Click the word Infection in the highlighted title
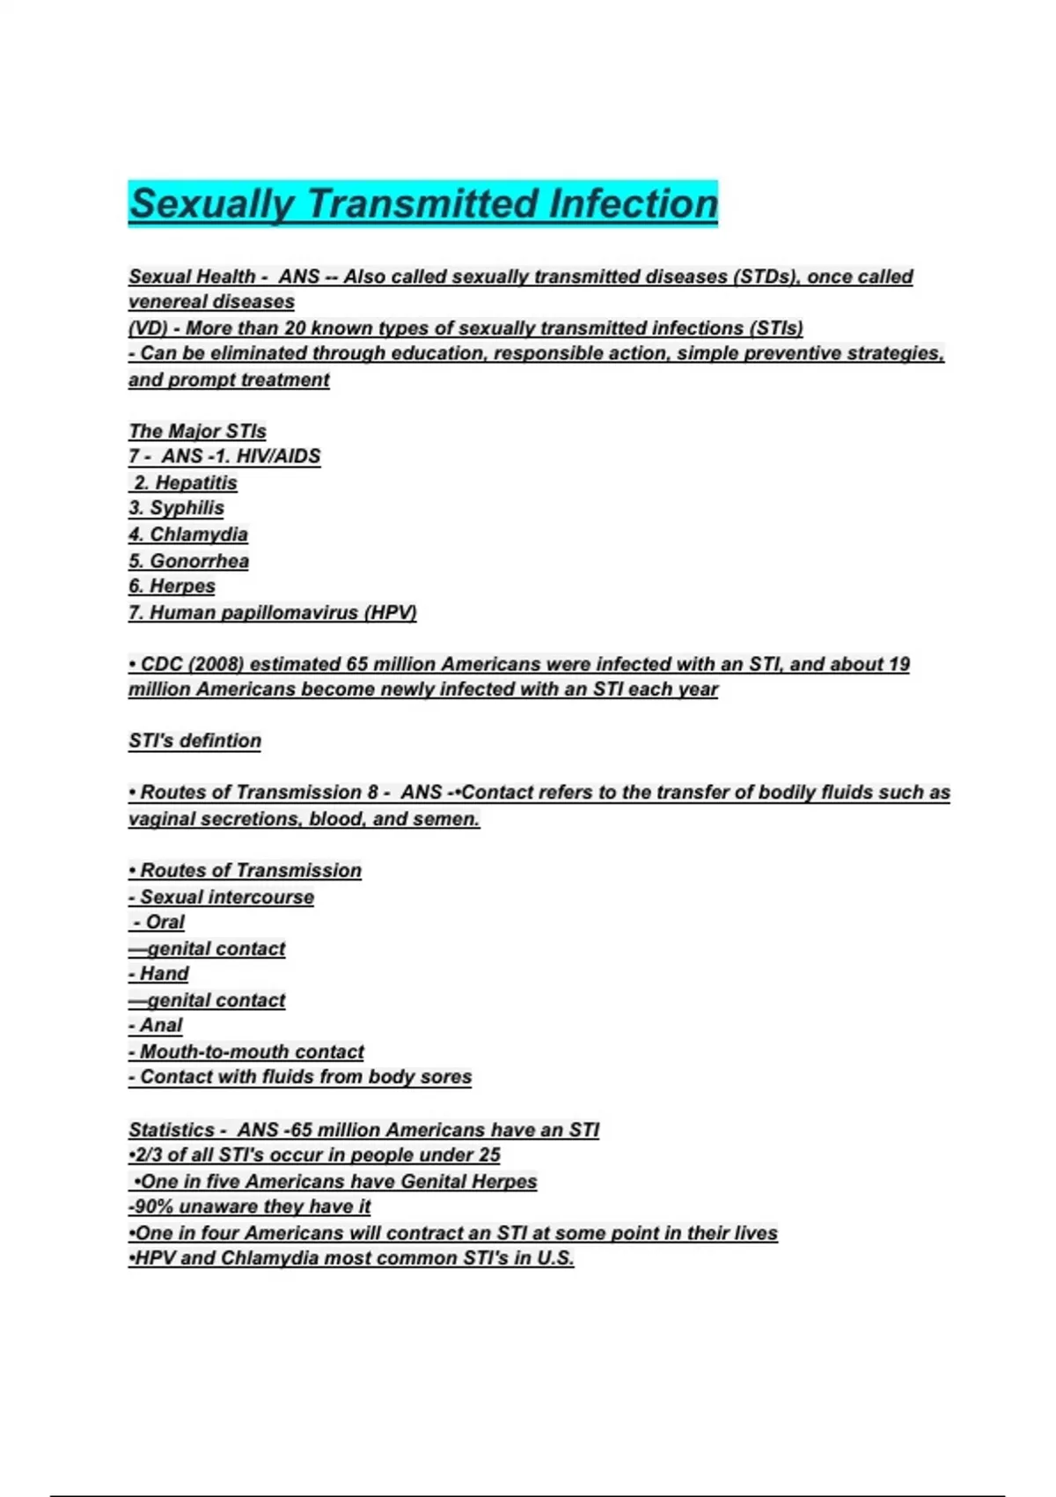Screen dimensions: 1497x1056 tap(633, 203)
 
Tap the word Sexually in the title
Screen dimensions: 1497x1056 tap(211, 203)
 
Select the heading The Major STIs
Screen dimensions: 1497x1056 tap(197, 431)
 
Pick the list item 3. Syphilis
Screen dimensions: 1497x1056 tap(176, 508)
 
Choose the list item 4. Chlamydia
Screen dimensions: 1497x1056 tap(188, 535)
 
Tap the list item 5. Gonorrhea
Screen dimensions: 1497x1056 tap(188, 561)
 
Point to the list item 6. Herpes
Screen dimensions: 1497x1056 tap(172, 586)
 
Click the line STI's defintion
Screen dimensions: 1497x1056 tap(194, 741)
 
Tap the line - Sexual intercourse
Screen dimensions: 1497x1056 tap(221, 896)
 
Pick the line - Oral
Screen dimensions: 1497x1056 tap(159, 922)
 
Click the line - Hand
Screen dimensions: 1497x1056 tap(158, 974)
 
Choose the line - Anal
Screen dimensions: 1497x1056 tap(156, 1025)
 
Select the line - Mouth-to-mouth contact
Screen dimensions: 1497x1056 tap(246, 1051)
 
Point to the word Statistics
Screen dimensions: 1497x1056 tap(171, 1130)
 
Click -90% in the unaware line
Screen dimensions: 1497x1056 tap(150, 1206)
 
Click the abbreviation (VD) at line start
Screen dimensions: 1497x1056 tap(148, 328)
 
